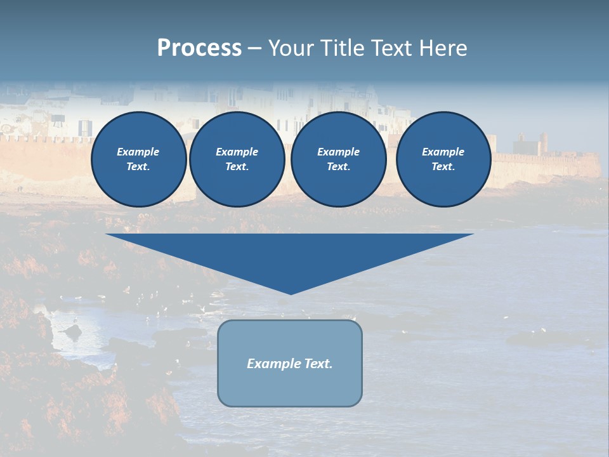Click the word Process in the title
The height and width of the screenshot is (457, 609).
coord(199,48)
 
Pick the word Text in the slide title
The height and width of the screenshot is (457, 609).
coord(393,48)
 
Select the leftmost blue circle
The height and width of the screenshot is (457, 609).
coord(139,159)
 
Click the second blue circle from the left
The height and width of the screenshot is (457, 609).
coord(237,159)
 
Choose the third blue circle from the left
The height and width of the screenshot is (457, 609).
coord(339,159)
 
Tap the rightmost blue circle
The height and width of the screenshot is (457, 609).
coord(443,159)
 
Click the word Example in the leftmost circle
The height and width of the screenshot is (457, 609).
coord(138,152)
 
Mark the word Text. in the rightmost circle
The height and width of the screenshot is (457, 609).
coord(443,167)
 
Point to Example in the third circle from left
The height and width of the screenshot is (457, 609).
coord(339,152)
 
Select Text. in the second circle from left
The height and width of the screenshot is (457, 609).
coord(237,167)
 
